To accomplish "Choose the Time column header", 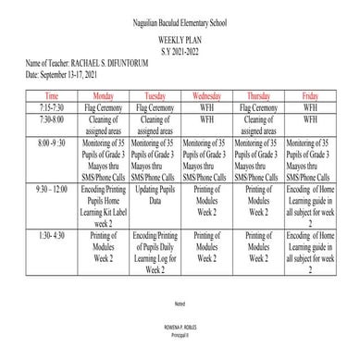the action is tap(52, 95).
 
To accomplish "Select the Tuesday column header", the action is tap(154, 95).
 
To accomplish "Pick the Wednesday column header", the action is tap(205, 95).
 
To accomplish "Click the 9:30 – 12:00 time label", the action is tap(52, 188).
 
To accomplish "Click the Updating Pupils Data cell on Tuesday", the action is tap(154, 193).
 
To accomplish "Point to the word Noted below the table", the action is tap(180, 304).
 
